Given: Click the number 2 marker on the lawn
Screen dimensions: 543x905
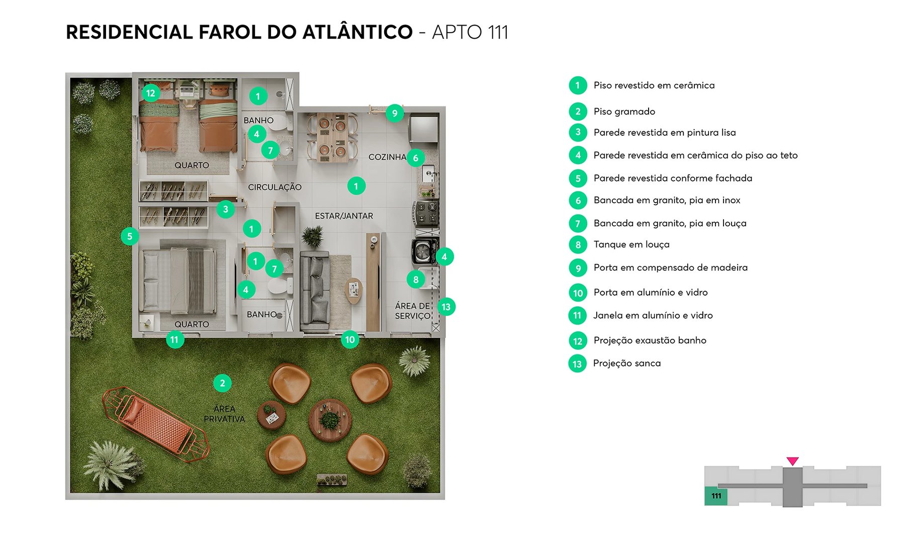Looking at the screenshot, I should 222,383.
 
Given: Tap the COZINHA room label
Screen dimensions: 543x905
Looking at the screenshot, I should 387,157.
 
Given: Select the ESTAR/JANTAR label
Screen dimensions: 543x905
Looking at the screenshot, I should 344,216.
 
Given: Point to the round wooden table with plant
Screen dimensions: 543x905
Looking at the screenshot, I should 330,420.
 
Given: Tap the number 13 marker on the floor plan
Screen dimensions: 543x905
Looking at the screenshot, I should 446,307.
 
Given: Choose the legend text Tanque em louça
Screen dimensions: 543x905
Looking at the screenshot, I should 631,244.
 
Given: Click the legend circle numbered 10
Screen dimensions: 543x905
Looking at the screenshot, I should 578,293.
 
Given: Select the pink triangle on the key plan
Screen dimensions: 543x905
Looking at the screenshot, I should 792,461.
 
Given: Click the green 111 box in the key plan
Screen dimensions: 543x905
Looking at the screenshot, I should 715,496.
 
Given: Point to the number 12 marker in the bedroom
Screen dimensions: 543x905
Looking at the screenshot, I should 150,93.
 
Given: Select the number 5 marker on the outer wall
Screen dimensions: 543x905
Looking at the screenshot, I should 130,236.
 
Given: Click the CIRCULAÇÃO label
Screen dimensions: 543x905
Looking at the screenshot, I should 275,187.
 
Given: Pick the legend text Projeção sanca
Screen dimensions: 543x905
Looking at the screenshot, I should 626,363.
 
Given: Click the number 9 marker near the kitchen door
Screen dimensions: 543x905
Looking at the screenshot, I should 395,113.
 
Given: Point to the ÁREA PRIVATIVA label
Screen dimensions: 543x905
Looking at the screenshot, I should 224,414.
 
